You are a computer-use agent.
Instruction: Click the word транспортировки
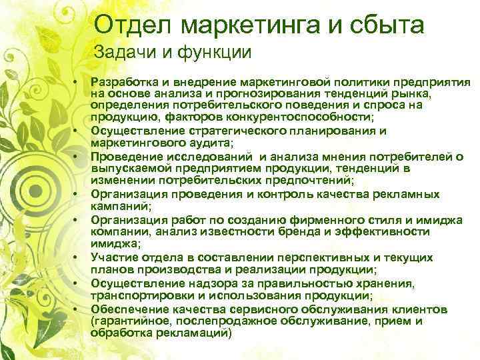(136, 296)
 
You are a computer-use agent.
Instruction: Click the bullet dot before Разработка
(76, 81)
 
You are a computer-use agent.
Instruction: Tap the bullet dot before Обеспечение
(76, 309)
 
